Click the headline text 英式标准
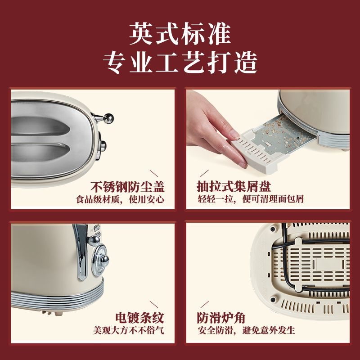[x=180, y=34]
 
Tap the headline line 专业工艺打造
[x=180, y=63]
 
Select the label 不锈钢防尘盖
[x=127, y=187]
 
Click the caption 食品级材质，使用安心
[x=120, y=199]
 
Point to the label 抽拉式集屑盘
[x=234, y=186]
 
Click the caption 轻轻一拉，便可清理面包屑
[x=251, y=199]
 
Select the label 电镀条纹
[x=140, y=318]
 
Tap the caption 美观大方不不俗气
[x=129, y=330]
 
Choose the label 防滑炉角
[x=221, y=318]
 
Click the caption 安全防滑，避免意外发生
[x=246, y=330]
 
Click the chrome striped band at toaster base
[x=58, y=297]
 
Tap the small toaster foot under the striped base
[x=52, y=313]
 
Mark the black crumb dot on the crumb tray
[x=298, y=138]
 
